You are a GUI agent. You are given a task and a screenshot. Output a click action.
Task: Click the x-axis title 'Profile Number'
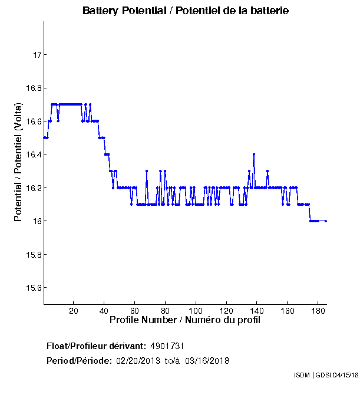185,320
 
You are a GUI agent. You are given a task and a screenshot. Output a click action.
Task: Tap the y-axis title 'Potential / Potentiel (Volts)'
18,163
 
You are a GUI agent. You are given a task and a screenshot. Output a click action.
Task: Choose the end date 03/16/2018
207,360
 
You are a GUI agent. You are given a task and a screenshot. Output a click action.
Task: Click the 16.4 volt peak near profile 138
254,154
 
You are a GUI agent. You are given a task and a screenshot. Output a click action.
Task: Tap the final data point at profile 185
326,221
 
